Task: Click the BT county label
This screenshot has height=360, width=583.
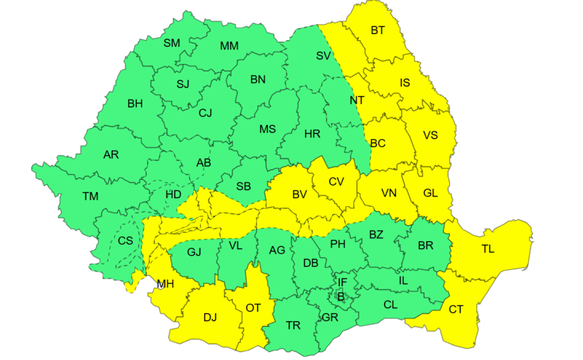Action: click(x=378, y=30)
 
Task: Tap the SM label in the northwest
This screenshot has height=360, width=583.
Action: click(x=172, y=43)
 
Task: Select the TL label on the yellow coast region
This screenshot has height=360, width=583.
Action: click(x=488, y=249)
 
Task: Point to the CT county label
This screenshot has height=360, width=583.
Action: click(x=456, y=309)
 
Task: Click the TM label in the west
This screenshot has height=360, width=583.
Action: click(x=90, y=197)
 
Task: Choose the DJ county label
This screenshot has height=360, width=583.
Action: click(x=210, y=317)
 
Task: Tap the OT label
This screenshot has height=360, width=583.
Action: click(x=253, y=308)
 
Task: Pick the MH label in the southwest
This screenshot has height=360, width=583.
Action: click(x=165, y=283)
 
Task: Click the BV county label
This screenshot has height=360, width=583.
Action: click(x=300, y=195)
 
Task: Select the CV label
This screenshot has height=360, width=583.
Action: click(x=336, y=181)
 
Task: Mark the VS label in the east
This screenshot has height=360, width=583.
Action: click(x=430, y=135)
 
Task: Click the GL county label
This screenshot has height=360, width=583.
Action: click(x=430, y=193)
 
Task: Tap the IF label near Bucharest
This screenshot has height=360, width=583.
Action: click(x=342, y=281)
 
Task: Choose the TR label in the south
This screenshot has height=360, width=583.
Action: click(x=293, y=325)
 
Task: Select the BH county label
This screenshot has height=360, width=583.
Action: click(x=135, y=104)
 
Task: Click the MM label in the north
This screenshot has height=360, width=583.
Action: click(x=229, y=46)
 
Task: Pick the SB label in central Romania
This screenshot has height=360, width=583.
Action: click(x=243, y=186)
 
